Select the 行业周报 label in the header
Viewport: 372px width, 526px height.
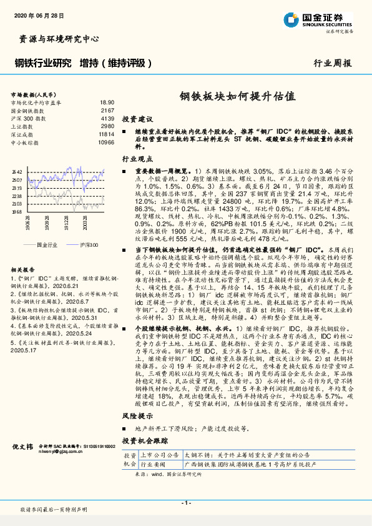point(332,63)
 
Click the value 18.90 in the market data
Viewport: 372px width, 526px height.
point(107,102)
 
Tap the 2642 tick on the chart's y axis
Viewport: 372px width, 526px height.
point(17,172)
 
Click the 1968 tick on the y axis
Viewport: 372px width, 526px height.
point(17,212)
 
